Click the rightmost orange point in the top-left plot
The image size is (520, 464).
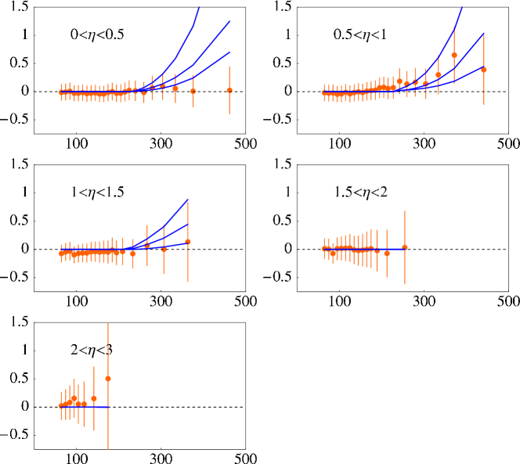(229, 90)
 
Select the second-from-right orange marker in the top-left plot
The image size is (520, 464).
(193, 92)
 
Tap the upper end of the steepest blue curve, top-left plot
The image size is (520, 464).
(199, 7)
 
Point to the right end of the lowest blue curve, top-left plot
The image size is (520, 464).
(230, 52)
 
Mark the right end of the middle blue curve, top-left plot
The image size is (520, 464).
(230, 21)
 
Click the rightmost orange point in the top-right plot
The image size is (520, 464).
(483, 70)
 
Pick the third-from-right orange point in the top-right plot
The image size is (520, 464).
(438, 75)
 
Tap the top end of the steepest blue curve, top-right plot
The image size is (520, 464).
(462, 7)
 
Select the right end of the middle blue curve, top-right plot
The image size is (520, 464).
(484, 34)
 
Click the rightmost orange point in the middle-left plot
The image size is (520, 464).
(188, 242)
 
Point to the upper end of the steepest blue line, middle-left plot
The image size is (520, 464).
(188, 200)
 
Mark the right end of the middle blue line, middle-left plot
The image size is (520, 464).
(188, 225)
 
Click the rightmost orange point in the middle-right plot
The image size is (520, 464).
(405, 247)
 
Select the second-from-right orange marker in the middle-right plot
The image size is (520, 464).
(387, 254)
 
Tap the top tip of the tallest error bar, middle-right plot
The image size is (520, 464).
(405, 210)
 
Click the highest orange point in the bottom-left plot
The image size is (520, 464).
(108, 379)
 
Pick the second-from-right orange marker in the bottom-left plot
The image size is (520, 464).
(94, 398)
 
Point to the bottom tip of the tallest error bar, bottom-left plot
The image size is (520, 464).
(108, 449)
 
